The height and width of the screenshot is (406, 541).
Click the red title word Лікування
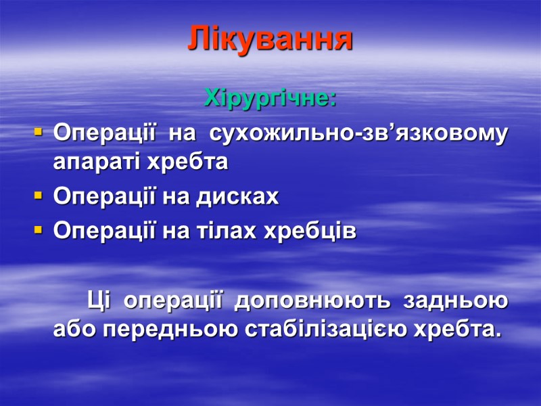point(270,39)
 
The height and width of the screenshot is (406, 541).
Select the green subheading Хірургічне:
point(270,99)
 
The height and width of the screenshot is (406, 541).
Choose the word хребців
point(309,231)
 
